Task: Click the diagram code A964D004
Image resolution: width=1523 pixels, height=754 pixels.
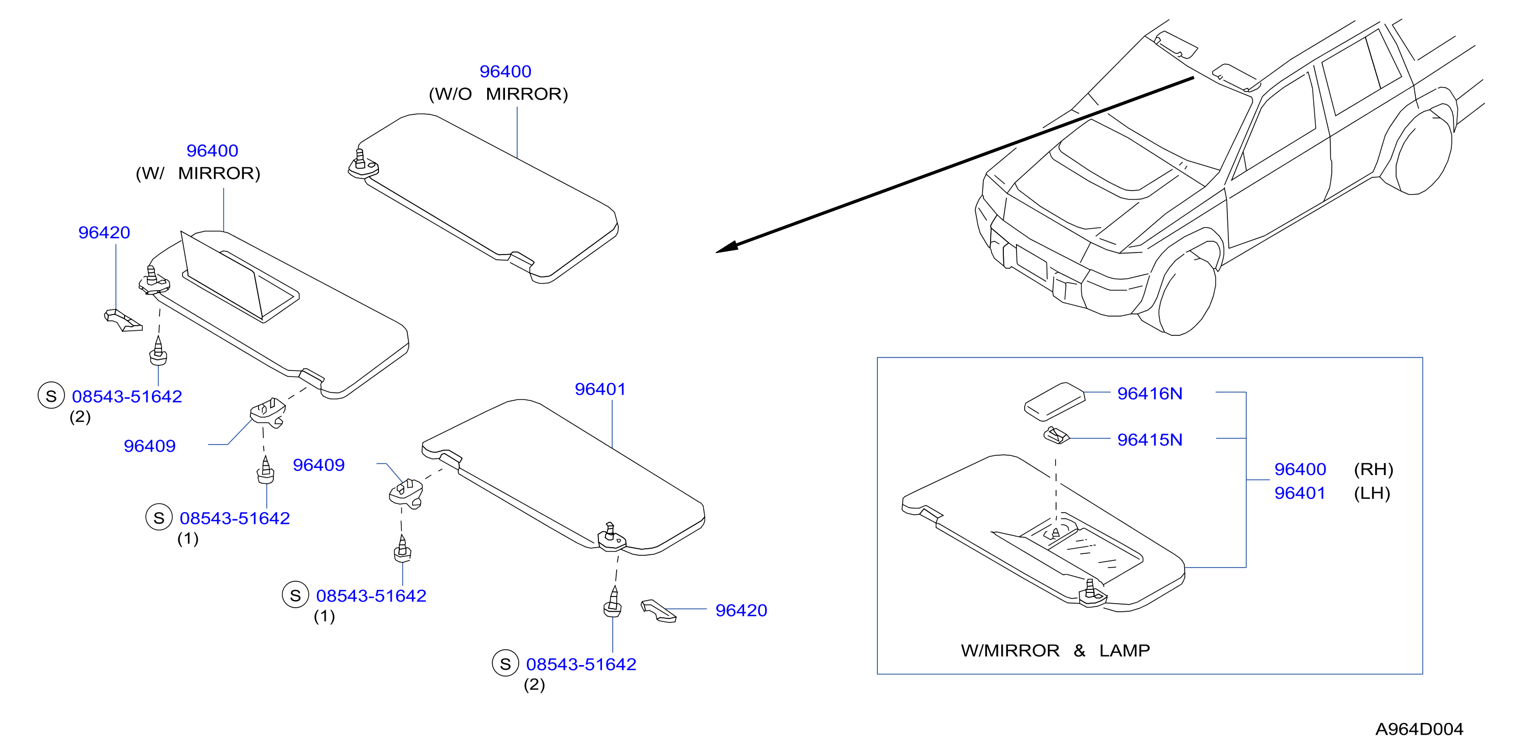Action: pyautogui.click(x=1419, y=729)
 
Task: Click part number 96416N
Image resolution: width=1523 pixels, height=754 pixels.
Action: pyautogui.click(x=1149, y=393)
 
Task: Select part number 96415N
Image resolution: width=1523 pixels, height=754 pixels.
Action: pyautogui.click(x=1149, y=439)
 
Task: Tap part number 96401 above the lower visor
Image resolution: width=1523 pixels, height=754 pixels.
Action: pyautogui.click(x=600, y=389)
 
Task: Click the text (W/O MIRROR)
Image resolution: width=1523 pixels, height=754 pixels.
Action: pyautogui.click(x=498, y=94)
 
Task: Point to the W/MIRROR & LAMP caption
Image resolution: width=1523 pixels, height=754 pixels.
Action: pyautogui.click(x=1055, y=650)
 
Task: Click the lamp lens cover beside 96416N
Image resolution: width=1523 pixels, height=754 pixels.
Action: pyautogui.click(x=1055, y=401)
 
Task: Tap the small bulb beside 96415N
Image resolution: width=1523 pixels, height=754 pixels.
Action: pyautogui.click(x=1056, y=436)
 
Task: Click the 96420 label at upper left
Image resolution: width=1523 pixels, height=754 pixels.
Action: pyautogui.click(x=104, y=232)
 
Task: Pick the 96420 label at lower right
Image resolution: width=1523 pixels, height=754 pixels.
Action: pyautogui.click(x=741, y=610)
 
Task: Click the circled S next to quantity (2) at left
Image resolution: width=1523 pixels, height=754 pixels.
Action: pyautogui.click(x=51, y=396)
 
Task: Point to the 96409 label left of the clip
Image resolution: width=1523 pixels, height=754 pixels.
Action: pyautogui.click(x=149, y=446)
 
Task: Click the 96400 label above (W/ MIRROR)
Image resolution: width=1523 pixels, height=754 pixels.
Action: pyautogui.click(x=212, y=151)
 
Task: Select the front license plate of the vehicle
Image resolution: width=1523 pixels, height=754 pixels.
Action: pyautogui.click(x=1031, y=261)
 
